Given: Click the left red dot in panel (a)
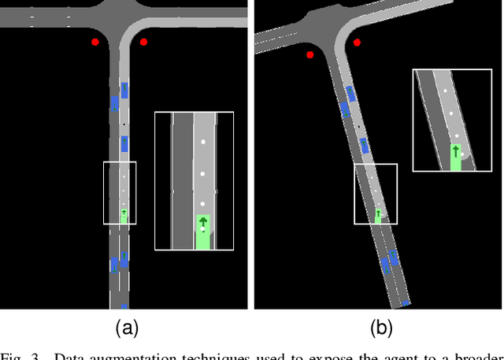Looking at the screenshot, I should coord(94,42).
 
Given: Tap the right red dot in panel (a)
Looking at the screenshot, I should coord(143,42).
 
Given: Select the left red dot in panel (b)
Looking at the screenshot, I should coord(310,55).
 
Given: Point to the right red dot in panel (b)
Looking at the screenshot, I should coord(358,42).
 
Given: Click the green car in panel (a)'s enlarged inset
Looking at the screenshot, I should coord(203,232).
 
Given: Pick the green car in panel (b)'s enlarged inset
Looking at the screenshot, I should coord(456,156).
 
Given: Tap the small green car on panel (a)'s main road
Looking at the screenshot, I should coord(124,215).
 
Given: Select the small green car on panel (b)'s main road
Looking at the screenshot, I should coord(377,214).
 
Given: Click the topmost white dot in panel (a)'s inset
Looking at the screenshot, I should coord(202,143).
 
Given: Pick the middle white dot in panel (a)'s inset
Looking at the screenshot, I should coord(202,173).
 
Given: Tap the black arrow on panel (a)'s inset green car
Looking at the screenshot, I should coord(203,222).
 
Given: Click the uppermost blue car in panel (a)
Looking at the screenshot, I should coord(124,91).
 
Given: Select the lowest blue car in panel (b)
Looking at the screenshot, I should coord(406,302).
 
